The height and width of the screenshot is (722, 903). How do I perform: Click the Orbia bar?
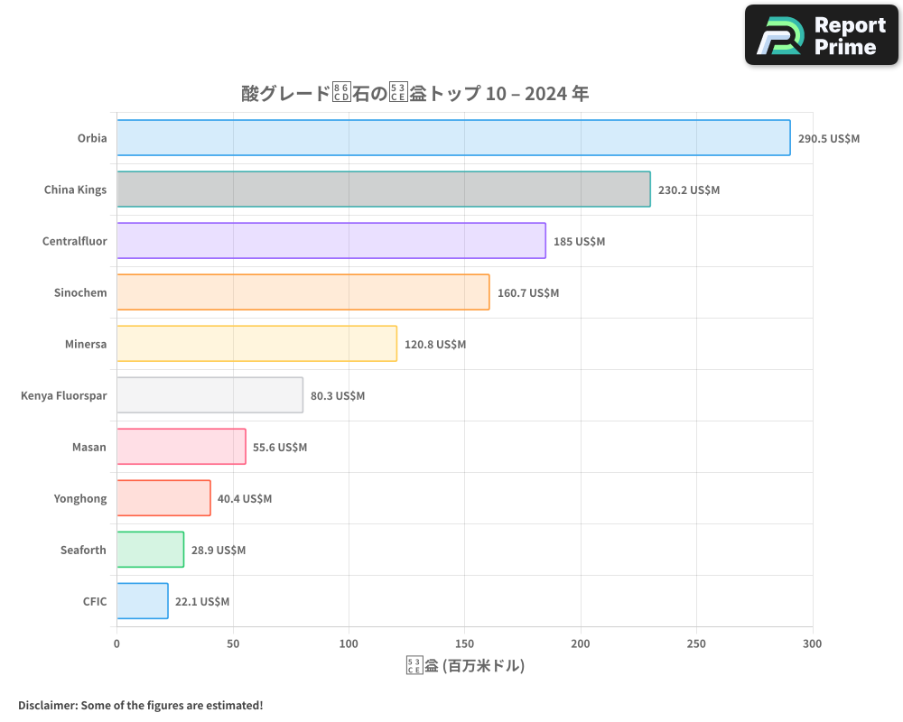point(453,138)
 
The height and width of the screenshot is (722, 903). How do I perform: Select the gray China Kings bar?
point(384,190)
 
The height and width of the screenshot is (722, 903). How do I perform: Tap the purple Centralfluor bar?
point(331,241)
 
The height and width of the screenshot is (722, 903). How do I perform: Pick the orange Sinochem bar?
point(303,292)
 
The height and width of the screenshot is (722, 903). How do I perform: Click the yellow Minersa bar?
point(257,344)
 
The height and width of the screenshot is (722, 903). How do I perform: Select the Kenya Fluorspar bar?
point(210,395)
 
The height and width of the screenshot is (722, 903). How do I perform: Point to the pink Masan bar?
point(182,447)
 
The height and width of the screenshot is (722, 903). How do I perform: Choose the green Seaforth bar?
point(151,550)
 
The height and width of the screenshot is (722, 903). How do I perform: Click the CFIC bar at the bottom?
point(143,601)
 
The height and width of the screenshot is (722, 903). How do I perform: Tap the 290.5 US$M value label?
point(829,139)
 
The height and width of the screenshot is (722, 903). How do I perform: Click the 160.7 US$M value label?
point(528,293)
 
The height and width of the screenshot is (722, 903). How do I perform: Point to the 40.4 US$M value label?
point(245,499)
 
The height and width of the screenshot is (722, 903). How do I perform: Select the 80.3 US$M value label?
point(338,396)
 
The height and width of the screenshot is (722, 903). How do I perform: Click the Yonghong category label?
point(80,499)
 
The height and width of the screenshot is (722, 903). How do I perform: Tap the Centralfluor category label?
point(75,242)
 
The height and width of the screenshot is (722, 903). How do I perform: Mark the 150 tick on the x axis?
point(465,643)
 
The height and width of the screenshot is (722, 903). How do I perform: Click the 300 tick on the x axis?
point(813,643)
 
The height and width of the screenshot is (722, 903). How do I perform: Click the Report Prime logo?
point(822,35)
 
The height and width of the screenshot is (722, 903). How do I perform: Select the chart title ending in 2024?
point(415,93)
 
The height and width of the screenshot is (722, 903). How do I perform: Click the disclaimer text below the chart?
point(141,705)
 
